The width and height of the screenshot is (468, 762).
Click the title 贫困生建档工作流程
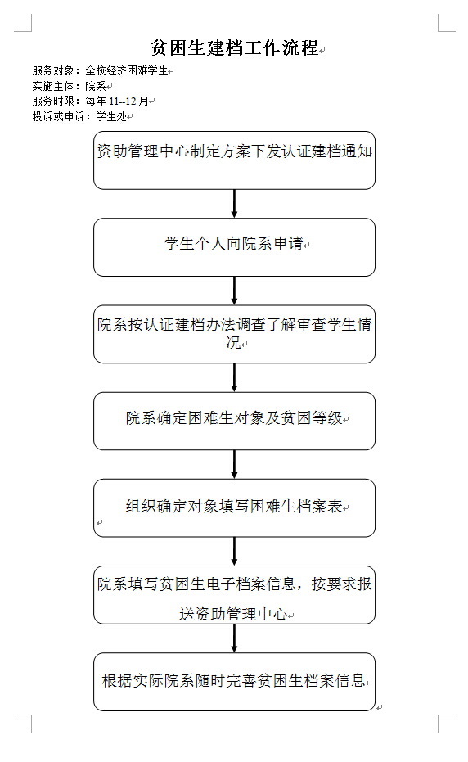(235, 47)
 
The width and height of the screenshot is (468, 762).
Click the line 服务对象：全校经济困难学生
(100, 70)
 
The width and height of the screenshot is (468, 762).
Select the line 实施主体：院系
(70, 86)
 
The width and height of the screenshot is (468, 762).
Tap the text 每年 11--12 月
(117, 101)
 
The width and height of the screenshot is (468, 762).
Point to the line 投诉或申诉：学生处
(79, 116)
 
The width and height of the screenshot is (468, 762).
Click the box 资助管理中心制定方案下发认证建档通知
(234, 160)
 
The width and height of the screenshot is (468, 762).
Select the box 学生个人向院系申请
(234, 247)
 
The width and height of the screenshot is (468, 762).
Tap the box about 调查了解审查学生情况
(234, 334)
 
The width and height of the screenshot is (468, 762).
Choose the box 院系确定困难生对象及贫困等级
(234, 422)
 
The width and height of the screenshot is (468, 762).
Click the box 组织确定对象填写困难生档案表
(234, 508)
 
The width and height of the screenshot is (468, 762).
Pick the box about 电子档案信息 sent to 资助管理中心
(234, 595)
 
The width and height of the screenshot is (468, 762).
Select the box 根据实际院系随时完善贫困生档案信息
(234, 683)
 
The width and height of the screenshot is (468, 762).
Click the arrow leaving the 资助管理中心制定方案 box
(234, 204)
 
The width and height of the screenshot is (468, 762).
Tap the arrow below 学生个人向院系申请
(234, 291)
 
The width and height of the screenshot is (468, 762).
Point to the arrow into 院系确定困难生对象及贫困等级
(234, 377)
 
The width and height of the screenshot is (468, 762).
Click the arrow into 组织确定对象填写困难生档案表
(234, 465)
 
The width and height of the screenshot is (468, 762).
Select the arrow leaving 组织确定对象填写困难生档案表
(234, 552)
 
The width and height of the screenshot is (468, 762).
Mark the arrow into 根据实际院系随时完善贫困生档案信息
(234, 638)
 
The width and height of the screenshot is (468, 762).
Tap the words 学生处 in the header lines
(112, 116)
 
